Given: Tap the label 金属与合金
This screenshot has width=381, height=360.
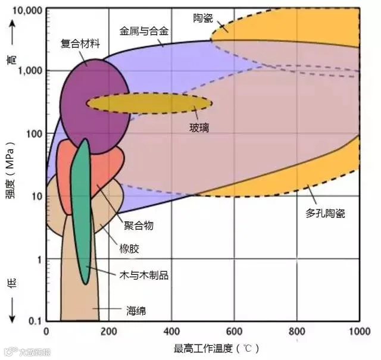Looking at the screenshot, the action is point(145,29).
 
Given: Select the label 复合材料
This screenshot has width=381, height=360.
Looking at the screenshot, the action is point(80,43).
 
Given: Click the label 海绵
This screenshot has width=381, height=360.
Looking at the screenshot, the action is point(136,310).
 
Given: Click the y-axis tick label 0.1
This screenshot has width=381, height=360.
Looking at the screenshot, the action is point(36,322).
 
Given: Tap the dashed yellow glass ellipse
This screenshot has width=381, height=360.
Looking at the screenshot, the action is point(149,103).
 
